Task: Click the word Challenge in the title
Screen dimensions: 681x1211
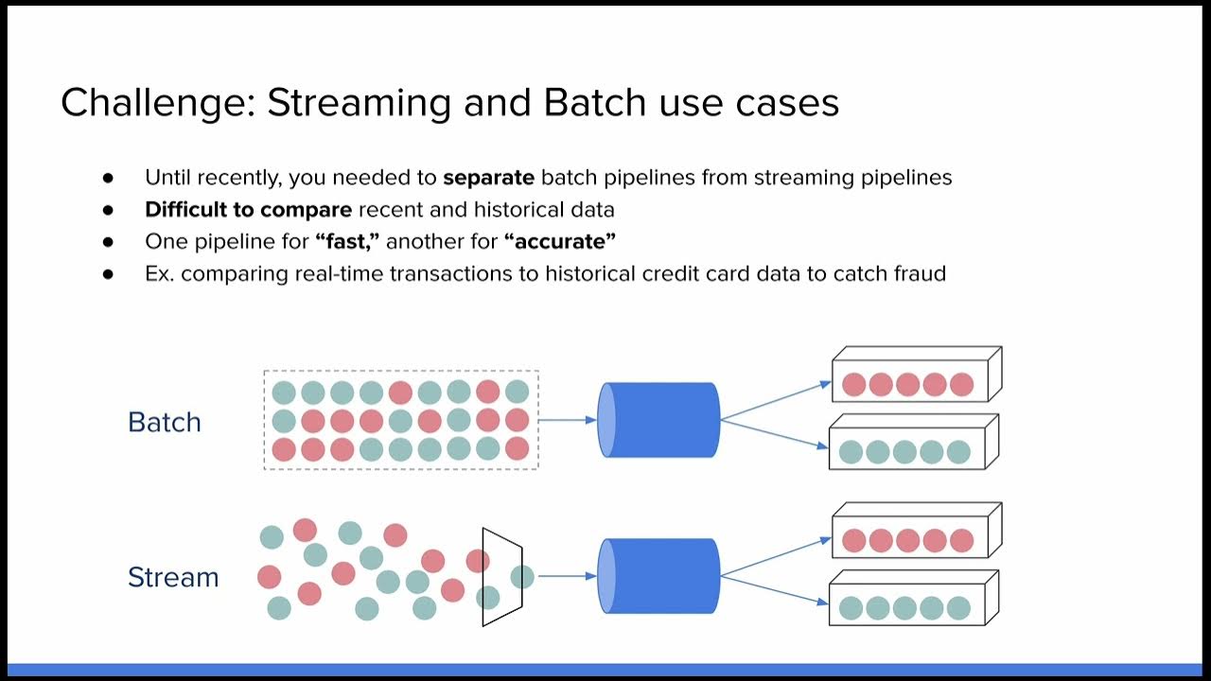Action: [156, 103]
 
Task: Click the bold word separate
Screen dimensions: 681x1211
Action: [488, 177]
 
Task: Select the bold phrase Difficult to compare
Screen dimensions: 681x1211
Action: [248, 209]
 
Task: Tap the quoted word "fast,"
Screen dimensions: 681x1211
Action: [347, 241]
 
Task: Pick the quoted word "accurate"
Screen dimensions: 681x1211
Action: [560, 241]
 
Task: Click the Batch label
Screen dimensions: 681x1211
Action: [165, 422]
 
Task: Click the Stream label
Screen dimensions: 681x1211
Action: [173, 577]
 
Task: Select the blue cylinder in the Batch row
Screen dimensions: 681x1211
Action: [659, 420]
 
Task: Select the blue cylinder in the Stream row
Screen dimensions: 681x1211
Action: [659, 576]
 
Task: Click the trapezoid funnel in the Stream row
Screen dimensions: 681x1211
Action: [501, 577]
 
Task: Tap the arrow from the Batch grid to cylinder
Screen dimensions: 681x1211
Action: [568, 420]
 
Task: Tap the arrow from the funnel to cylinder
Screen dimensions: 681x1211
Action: [567, 576]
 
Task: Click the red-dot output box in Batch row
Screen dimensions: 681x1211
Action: [908, 383]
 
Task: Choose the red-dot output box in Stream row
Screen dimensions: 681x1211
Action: [908, 539]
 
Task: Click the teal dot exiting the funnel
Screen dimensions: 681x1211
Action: [522, 576]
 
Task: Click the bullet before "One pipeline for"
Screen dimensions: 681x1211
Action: [108, 242]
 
